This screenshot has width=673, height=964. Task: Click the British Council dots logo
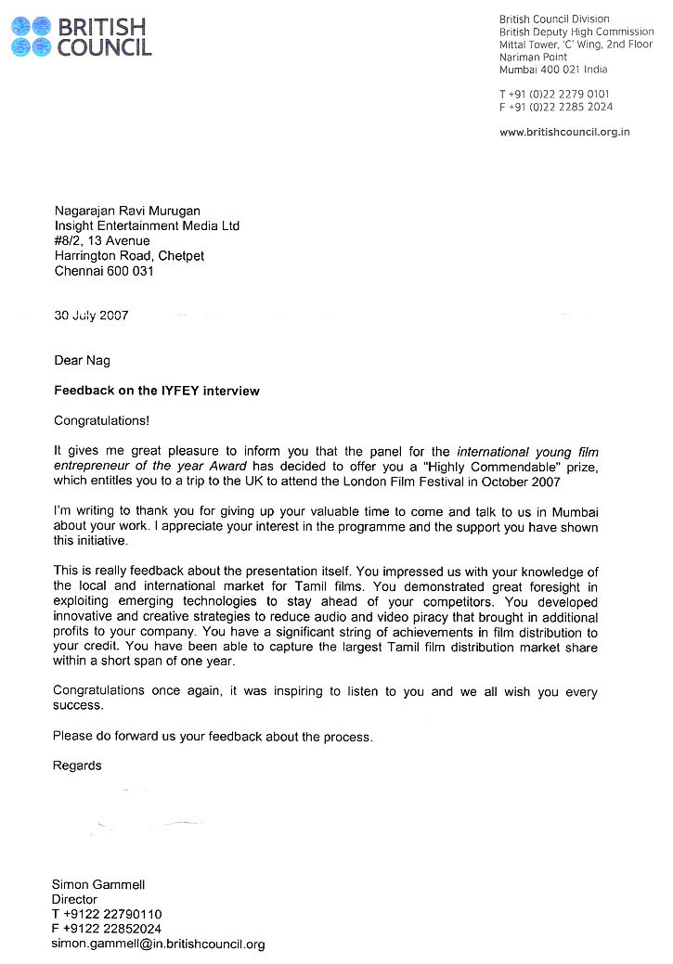(32, 36)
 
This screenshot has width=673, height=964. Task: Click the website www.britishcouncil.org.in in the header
(564, 133)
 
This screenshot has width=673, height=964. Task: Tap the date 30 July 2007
(91, 315)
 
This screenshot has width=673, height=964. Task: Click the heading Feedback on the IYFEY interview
(157, 391)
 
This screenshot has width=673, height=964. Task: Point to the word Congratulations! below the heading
(101, 420)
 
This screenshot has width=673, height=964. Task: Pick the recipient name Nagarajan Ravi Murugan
(128, 211)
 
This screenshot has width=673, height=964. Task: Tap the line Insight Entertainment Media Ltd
(147, 225)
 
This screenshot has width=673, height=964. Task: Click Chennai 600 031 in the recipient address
(104, 271)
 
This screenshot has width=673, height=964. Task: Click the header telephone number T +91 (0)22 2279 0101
(554, 95)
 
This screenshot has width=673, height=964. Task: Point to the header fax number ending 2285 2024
(554, 108)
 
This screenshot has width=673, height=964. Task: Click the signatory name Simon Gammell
(98, 885)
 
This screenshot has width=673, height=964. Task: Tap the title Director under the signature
(75, 900)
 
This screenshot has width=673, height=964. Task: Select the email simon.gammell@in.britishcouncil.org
(159, 945)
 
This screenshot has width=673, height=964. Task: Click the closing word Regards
(78, 766)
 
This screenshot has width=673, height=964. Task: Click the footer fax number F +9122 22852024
(108, 930)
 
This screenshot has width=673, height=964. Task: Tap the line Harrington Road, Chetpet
(129, 256)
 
